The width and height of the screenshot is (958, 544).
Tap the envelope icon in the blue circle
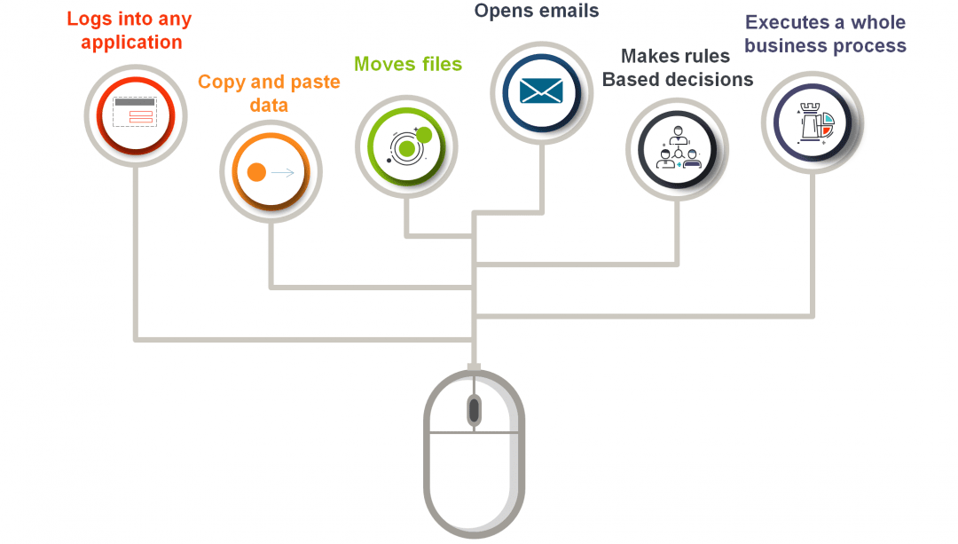[x=541, y=91]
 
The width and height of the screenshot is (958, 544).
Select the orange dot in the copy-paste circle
[x=256, y=172]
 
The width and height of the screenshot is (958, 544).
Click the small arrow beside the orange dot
[x=284, y=172]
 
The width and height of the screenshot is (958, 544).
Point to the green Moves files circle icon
[x=406, y=145]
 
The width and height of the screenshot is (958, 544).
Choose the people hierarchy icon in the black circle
[x=678, y=148]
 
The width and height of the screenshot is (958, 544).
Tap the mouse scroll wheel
[x=474, y=410]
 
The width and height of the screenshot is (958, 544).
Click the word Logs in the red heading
[x=90, y=20]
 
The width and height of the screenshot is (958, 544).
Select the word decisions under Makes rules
[x=707, y=80]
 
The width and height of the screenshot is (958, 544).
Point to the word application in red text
[x=131, y=43]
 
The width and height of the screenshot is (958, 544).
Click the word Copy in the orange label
[x=221, y=83]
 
